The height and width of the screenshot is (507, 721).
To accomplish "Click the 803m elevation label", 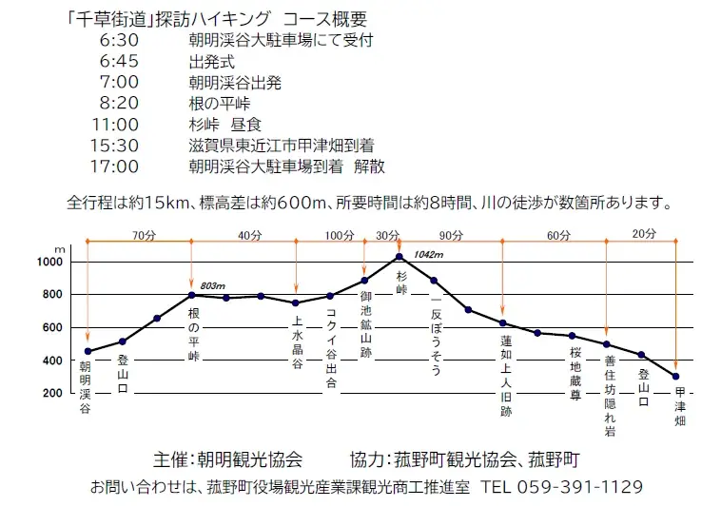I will point(212,285).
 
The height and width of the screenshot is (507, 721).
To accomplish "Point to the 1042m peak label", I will point(429,254).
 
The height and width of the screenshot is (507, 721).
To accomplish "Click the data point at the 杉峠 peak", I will point(399,257).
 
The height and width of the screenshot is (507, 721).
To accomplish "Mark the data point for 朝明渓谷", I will point(88,351).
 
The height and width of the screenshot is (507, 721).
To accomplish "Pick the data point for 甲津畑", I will point(675,377).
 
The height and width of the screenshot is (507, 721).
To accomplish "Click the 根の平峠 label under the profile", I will point(193,334).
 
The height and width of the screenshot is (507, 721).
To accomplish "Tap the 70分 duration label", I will point(144,235).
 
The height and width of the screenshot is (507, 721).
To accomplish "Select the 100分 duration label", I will point(339,235).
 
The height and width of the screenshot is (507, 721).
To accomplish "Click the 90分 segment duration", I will point(450,235).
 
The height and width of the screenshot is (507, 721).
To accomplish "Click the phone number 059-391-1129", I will point(580,486).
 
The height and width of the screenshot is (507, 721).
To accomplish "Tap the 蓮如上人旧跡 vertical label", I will point(506,376).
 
